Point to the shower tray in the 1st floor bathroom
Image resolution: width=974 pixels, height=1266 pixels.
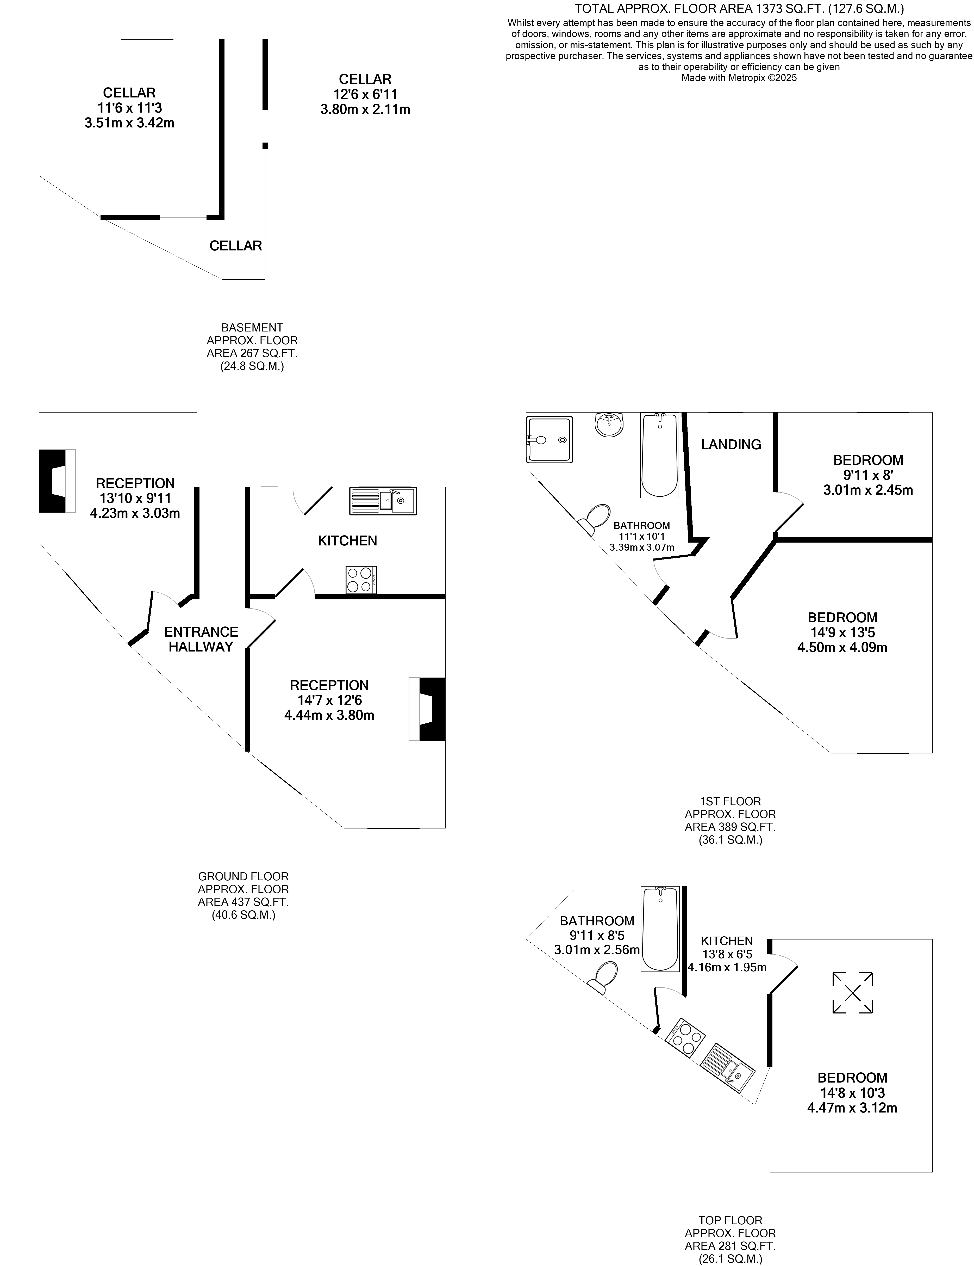point(549,439)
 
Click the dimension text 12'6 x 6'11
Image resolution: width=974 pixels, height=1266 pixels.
point(365,94)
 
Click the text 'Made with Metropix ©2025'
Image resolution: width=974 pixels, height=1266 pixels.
point(739,78)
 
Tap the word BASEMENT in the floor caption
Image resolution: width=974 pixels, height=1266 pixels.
point(252,328)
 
